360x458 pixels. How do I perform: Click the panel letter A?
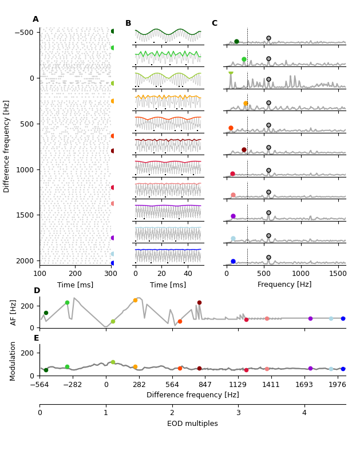pyautogui.click(x=35, y=19)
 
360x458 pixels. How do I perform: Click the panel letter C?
pyautogui.click(x=214, y=23)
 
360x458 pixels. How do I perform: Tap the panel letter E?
pyautogui.click(x=36, y=338)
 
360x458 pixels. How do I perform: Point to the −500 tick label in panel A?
pyautogui.click(x=23, y=32)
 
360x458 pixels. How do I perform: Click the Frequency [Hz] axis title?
pyautogui.click(x=285, y=285)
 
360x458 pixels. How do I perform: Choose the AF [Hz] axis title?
pyautogui.click(x=14, y=312)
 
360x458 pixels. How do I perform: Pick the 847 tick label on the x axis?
pyautogui.click(x=205, y=385)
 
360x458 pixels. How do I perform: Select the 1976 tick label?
pyautogui.click(x=337, y=385)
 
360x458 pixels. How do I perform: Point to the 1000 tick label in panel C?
pyautogui.click(x=301, y=273)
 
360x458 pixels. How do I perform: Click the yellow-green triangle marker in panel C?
pyautogui.click(x=231, y=74)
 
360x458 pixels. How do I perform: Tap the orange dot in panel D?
pyautogui.click(x=135, y=300)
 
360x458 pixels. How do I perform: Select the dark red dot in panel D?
pyautogui.click(x=199, y=302)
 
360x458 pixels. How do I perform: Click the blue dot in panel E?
pyautogui.click(x=343, y=369)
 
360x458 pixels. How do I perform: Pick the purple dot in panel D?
pyautogui.click(x=310, y=318)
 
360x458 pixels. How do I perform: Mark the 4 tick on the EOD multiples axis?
pyautogui.click(x=304, y=413)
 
